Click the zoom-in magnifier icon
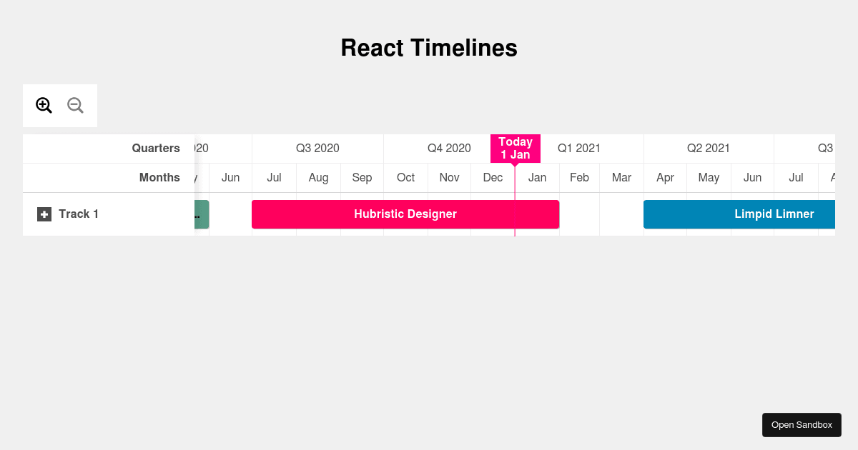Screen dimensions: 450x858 (44, 106)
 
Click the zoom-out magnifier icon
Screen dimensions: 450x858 (75, 106)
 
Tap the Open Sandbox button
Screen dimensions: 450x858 (802, 425)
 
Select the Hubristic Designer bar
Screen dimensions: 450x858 (405, 214)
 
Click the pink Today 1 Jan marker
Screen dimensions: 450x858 (515, 149)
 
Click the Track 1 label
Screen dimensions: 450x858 (79, 214)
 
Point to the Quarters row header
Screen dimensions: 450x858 (155, 149)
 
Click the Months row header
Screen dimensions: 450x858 (159, 178)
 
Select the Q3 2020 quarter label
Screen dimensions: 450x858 (317, 149)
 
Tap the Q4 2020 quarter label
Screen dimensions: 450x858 (449, 149)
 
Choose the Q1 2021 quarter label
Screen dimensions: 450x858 (579, 149)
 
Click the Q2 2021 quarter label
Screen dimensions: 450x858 (709, 149)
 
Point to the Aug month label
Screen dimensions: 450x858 (318, 178)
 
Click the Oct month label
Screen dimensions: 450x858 (405, 178)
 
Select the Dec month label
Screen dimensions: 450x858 (493, 178)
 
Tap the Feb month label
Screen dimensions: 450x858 (579, 178)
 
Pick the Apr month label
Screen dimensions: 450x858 (665, 178)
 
